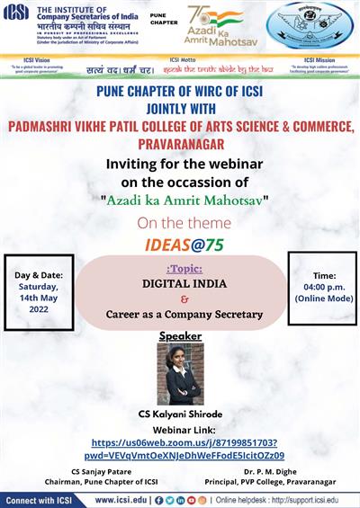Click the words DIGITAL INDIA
coord(180,282)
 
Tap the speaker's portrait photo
coord(180,372)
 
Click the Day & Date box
coord(40,292)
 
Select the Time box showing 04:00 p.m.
coord(321,287)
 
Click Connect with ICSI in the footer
coord(43,499)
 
